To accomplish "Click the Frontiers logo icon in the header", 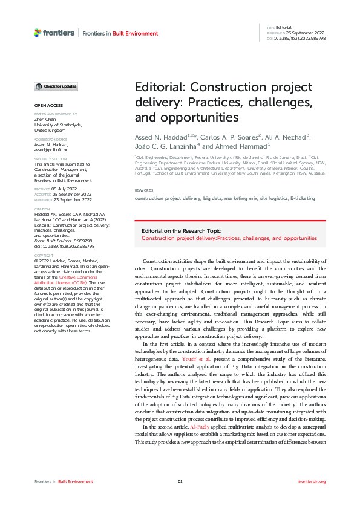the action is (x=38, y=33).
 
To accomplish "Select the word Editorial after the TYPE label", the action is (x=284, y=28).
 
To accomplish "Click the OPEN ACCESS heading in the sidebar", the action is (x=48, y=105).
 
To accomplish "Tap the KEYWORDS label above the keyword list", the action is (x=145, y=190).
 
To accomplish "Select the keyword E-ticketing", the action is (x=303, y=198).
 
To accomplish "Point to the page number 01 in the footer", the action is (x=180, y=481).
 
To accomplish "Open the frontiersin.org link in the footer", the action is (x=312, y=481).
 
